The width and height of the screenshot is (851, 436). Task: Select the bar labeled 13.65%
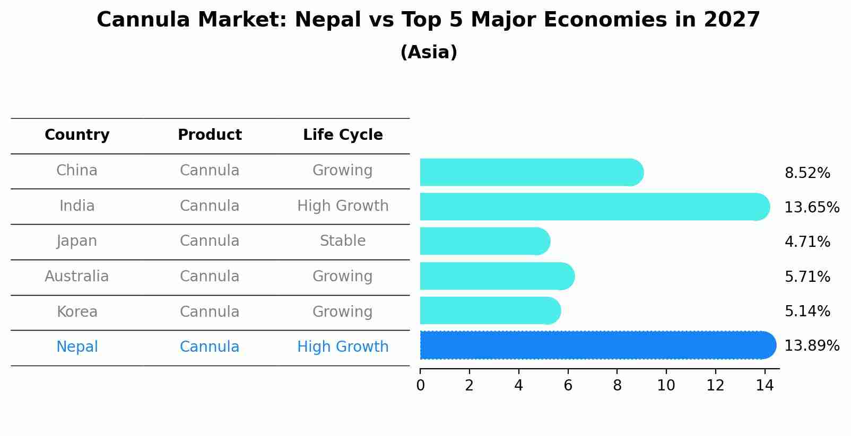pos(594,207)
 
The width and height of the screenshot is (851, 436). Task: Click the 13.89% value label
pos(811,346)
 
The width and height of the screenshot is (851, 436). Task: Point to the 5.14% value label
pos(807,312)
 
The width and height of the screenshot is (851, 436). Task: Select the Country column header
pos(77,135)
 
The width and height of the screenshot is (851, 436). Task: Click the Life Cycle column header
pos(343,135)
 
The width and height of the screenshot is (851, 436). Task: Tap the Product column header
pos(210,135)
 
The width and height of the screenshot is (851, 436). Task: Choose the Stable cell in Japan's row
pos(343,241)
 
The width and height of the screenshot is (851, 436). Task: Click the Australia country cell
pos(77,277)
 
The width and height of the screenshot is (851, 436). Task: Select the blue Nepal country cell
pos(77,347)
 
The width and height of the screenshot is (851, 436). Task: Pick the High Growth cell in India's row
pos(343,206)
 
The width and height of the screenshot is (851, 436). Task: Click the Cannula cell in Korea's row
pos(210,312)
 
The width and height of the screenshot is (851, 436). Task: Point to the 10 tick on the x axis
pos(666,386)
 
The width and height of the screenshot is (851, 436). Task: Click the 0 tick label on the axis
pos(420,386)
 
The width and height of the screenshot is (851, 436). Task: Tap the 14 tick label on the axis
pos(765,386)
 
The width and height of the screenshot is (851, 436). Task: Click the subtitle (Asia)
pos(429,52)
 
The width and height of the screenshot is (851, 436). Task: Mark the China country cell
pos(77,171)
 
